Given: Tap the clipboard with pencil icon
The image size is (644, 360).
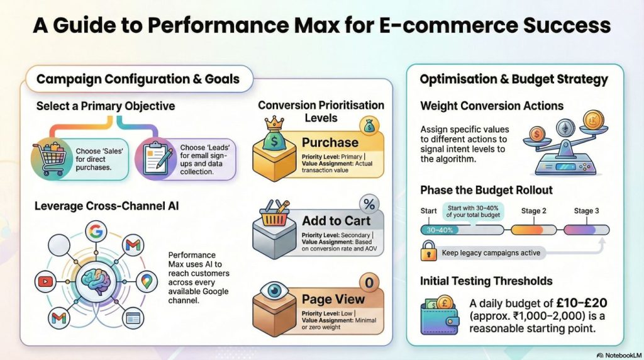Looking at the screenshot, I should pyautogui.click(x=154, y=158).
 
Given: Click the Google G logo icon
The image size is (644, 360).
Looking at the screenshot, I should pyautogui.click(x=96, y=232).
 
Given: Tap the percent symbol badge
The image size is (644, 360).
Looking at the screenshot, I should pyautogui.click(x=369, y=205).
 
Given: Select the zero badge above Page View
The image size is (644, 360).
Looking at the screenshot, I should pyautogui.click(x=369, y=284).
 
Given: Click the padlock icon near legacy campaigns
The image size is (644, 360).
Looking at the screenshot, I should pyautogui.click(x=430, y=253).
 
